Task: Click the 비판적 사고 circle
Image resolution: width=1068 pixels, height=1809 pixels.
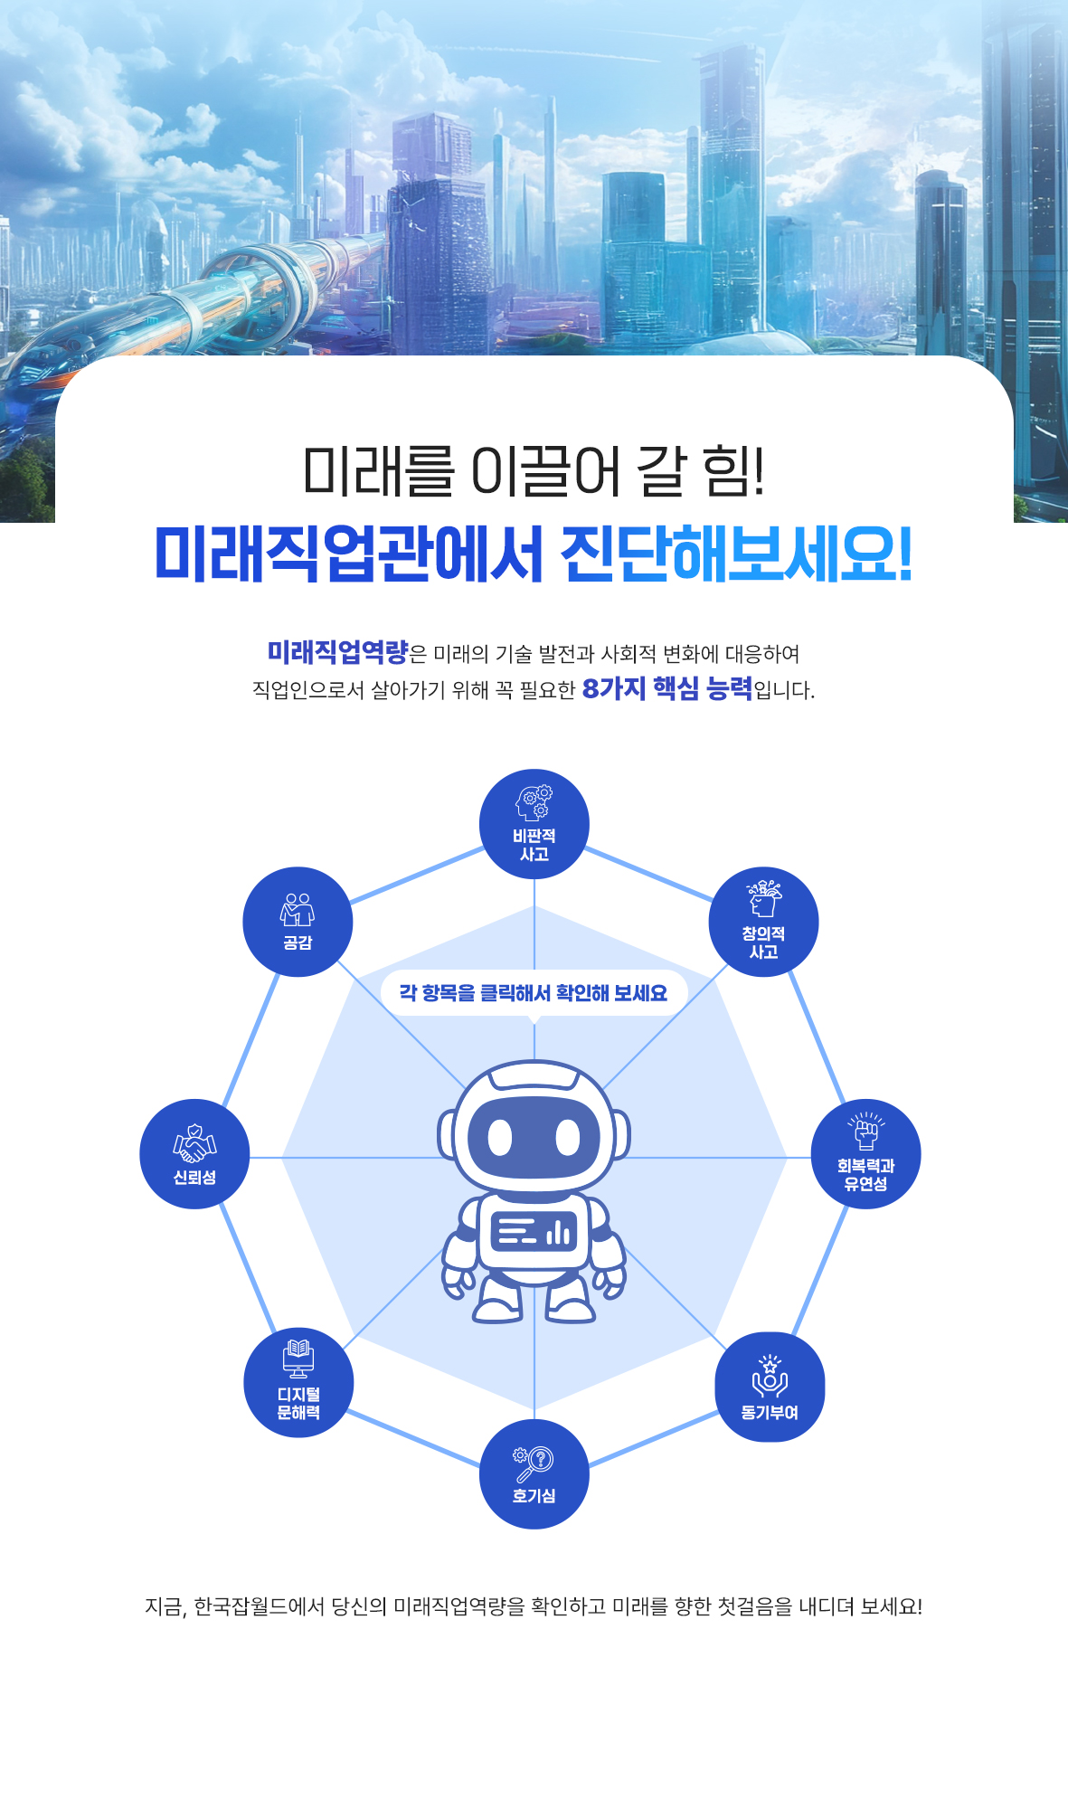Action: pos(534,824)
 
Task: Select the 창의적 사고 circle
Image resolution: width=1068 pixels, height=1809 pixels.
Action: pos(764,922)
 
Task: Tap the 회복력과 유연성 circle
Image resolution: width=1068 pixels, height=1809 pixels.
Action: pos(865,1154)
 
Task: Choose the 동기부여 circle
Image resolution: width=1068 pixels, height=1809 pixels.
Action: pos(770,1387)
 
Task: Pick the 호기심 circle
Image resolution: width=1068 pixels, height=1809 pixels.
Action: pos(534,1473)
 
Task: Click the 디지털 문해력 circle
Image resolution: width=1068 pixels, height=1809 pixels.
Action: pos(298,1383)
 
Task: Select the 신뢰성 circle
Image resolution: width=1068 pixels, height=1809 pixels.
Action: pos(194,1153)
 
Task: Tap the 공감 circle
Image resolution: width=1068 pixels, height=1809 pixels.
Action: pos(298,922)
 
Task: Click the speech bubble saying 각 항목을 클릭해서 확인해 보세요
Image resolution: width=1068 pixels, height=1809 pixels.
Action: pos(534,993)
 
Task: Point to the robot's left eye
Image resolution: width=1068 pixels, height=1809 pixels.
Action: pos(500,1137)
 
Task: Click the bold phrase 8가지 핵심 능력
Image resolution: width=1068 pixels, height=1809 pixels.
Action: pos(666,689)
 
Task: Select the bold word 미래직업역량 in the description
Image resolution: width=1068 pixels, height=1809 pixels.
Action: pos(337,652)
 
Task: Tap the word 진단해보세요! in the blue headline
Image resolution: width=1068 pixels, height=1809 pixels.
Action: pos(736,554)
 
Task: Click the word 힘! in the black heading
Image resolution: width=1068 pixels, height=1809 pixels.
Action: pos(734,470)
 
